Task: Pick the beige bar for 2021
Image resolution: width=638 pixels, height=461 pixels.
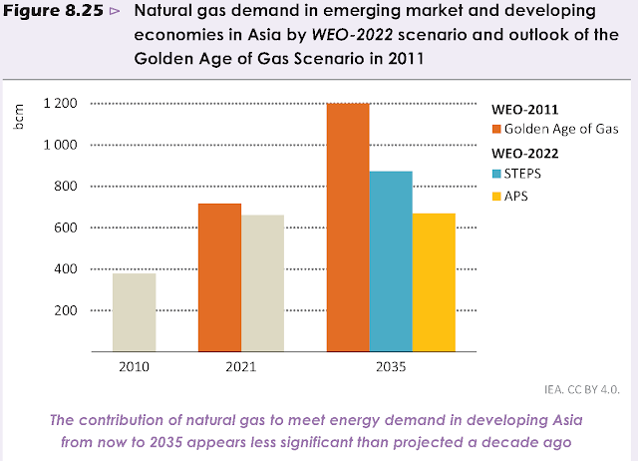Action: (262, 283)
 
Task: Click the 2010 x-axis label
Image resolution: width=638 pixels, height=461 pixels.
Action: (134, 367)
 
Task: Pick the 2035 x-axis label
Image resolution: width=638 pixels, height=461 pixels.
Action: (390, 367)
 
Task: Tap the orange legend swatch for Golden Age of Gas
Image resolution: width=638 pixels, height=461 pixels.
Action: (496, 130)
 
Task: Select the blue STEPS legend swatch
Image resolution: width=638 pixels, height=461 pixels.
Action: (496, 175)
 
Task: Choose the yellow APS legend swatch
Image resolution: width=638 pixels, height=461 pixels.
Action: (496, 196)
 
